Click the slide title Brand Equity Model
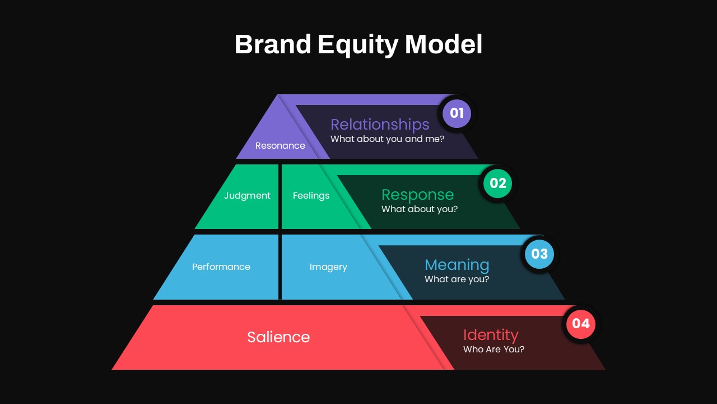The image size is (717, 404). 358,44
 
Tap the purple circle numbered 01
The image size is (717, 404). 457,113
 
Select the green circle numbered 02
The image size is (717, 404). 497,183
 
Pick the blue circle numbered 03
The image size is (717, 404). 539,254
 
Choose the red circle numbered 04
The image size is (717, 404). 581,324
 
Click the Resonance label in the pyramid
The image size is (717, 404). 280,146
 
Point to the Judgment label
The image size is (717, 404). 247,196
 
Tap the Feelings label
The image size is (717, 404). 311,196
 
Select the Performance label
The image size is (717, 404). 221,267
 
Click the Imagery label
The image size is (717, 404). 328,267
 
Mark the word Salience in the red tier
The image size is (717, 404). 278,337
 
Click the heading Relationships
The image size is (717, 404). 380,125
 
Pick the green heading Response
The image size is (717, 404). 417,195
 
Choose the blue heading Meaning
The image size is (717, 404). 457,265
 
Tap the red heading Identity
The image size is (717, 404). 491,335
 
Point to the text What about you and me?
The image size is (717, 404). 387,139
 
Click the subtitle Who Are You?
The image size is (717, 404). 493,349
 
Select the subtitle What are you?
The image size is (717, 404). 457,279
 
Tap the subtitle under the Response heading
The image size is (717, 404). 420,209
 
